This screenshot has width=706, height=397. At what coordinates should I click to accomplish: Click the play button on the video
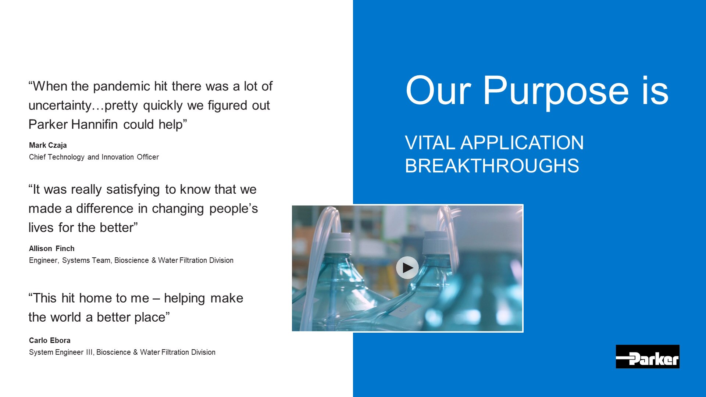[407, 268]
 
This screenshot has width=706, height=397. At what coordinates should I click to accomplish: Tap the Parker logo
[648, 357]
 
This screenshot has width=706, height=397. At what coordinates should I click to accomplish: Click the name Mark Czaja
[48, 145]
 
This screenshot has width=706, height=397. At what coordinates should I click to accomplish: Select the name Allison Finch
[52, 248]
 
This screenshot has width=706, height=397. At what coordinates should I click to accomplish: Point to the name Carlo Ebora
[50, 340]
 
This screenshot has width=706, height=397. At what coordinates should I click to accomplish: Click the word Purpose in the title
[556, 91]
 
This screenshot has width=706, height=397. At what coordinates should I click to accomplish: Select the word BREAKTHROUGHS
[492, 166]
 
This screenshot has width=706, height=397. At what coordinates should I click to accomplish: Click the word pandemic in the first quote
[122, 86]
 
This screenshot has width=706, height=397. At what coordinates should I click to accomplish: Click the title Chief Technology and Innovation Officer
[94, 157]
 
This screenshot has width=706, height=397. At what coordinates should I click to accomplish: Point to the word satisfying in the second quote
[133, 190]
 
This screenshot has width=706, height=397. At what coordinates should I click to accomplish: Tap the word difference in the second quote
[105, 208]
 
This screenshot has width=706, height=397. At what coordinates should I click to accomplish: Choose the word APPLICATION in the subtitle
[522, 143]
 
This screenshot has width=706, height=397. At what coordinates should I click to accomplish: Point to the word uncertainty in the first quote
[60, 105]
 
